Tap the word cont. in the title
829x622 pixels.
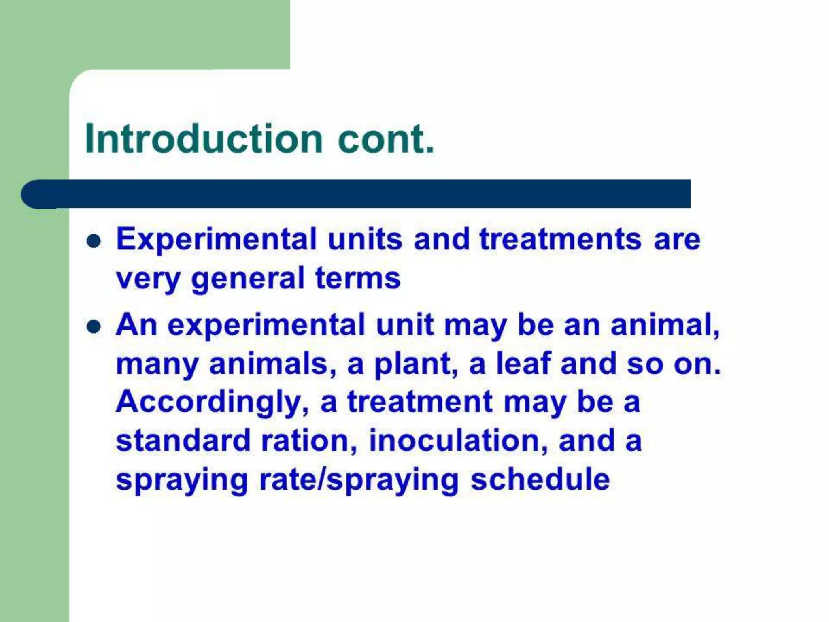pos(385,139)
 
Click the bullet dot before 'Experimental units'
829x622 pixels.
pos(94,241)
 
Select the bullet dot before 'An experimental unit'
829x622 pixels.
pos(94,326)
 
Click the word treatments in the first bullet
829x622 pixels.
pos(560,239)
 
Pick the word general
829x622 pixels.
pos(248,279)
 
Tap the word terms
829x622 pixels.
pos(358,279)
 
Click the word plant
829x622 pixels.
pos(412,364)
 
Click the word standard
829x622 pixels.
pos(183,441)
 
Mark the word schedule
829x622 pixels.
pos(540,479)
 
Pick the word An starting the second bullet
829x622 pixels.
pos(136,325)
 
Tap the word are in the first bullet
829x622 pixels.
pos(677,239)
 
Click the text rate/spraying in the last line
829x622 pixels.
pos(359,480)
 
